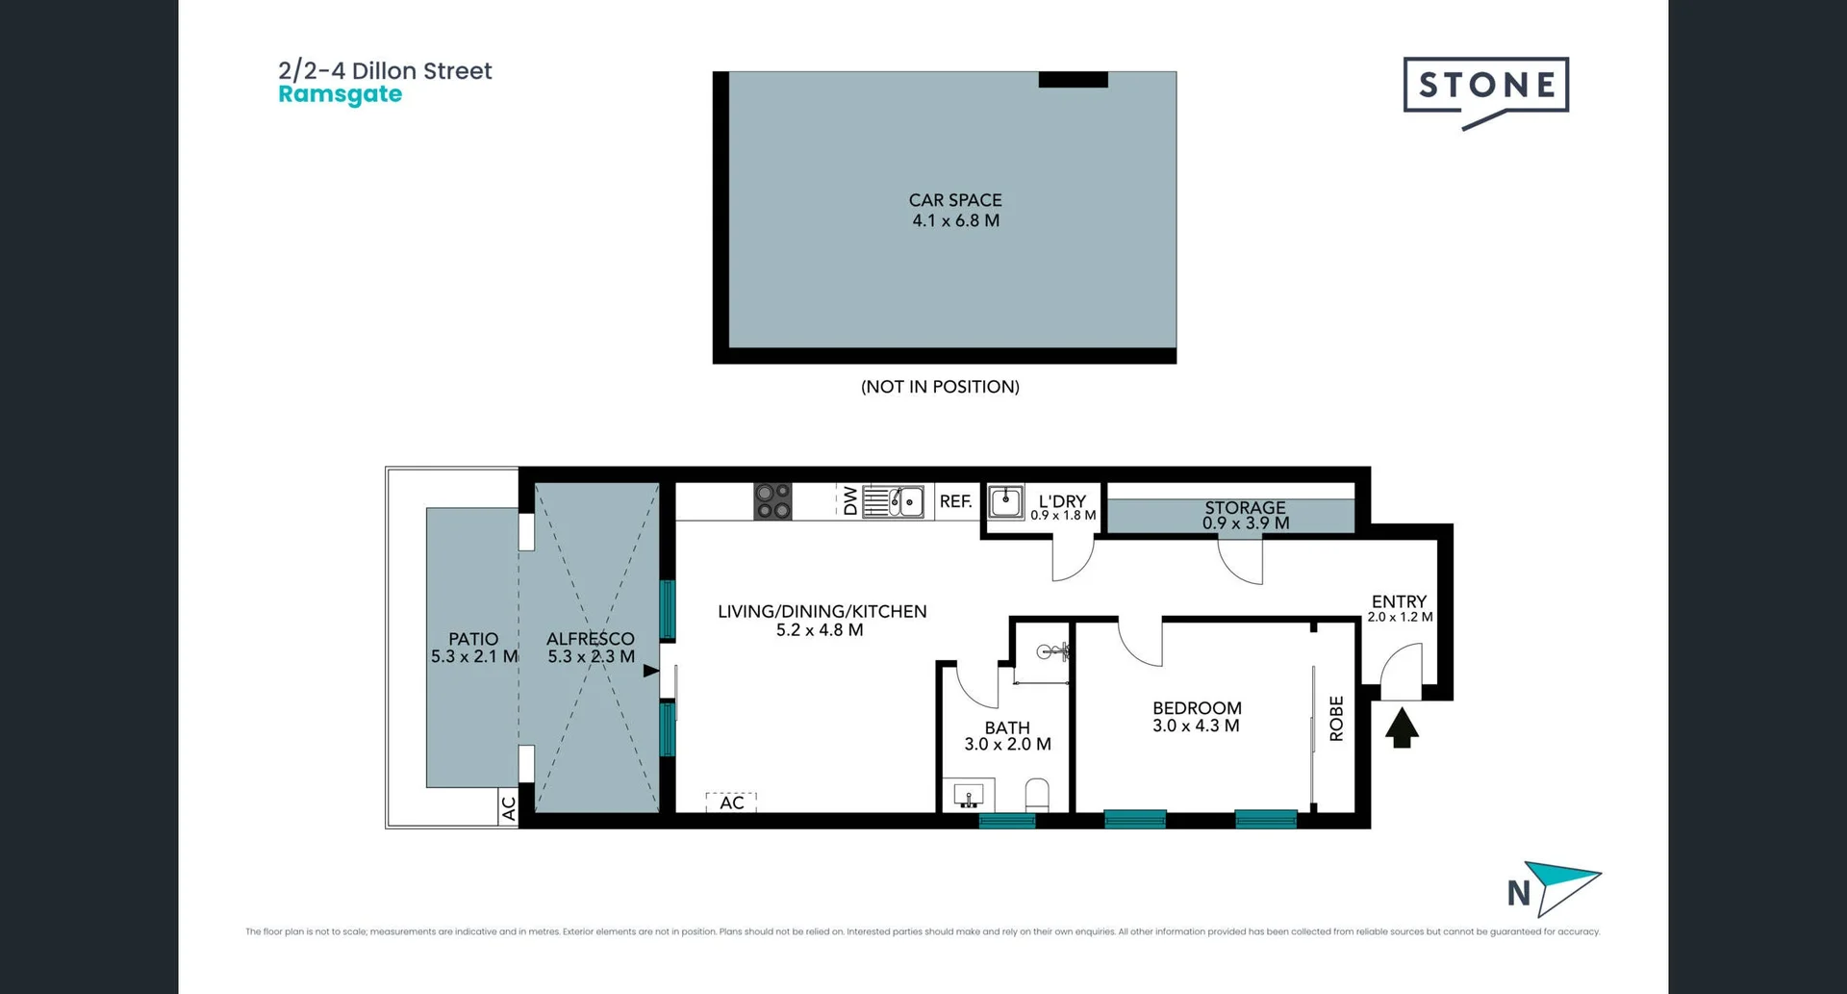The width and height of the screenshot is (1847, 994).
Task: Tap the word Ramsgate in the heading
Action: tap(340, 94)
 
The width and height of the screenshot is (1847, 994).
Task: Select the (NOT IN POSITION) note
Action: tap(940, 387)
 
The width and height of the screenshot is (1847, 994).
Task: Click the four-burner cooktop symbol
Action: tap(772, 501)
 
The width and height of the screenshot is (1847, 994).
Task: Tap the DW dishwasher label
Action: tap(850, 501)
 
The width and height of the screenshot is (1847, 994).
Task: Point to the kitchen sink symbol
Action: tap(894, 501)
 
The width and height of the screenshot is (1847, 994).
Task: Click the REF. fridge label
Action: tap(955, 501)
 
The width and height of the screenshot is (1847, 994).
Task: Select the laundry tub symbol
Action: tap(1006, 500)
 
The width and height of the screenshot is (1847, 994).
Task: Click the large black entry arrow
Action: tap(1402, 727)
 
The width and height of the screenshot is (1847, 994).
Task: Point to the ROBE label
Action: tap(1336, 718)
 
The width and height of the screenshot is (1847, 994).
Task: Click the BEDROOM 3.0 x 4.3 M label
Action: tap(1197, 717)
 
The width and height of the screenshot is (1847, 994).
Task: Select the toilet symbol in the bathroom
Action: tap(1037, 795)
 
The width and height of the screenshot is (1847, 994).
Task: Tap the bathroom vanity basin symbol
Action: tap(968, 796)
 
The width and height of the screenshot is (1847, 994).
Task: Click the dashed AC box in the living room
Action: tap(731, 802)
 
